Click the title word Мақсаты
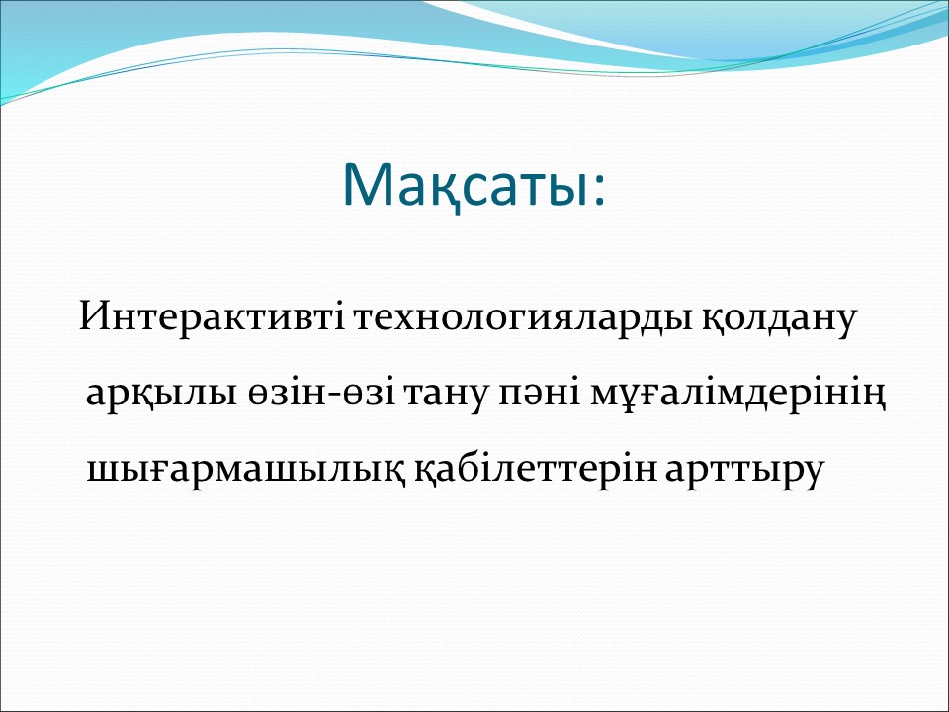coord(465,186)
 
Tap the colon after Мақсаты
coord(599,191)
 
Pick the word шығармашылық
coord(246,470)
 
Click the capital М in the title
coord(366,185)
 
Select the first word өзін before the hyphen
coord(287,394)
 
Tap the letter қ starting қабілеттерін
coord(427,474)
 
